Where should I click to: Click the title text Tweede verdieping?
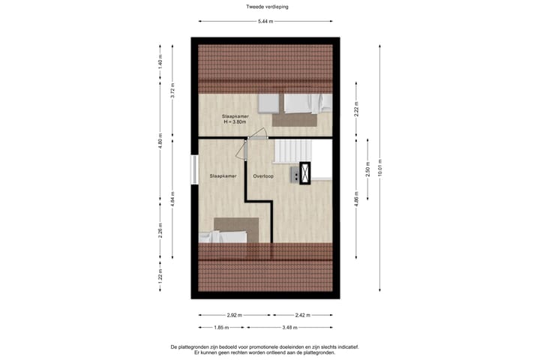tap(267, 6)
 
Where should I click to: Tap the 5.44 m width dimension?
tap(265, 21)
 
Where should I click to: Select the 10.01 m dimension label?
tap(381, 166)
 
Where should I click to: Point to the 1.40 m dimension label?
tap(160, 63)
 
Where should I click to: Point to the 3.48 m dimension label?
tap(289, 328)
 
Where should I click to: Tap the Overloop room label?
tap(262, 176)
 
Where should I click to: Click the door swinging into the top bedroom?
tap(257, 135)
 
